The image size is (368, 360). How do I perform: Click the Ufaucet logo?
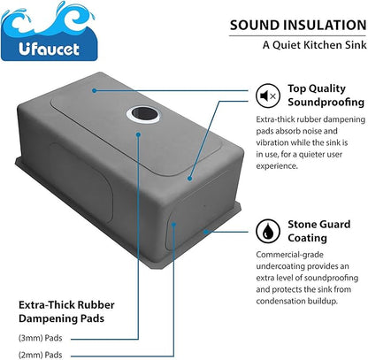click(x=49, y=31)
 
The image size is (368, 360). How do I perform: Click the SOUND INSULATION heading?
click(x=298, y=25)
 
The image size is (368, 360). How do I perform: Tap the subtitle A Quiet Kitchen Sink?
click(x=315, y=45)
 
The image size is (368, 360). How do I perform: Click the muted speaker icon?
click(x=268, y=96)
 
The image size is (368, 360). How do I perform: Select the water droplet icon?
click(x=268, y=231)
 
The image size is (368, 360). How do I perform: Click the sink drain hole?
click(x=143, y=114)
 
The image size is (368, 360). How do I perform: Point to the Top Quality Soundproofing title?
click(x=326, y=95)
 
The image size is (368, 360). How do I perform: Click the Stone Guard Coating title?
click(x=319, y=231)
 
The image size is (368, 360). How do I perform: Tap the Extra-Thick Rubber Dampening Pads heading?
click(x=66, y=311)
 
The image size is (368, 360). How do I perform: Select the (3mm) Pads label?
click(x=41, y=338)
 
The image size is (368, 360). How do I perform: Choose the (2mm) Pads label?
click(x=41, y=355)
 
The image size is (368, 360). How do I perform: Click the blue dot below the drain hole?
click(x=138, y=134)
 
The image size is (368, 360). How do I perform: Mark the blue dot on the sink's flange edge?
click(x=206, y=232)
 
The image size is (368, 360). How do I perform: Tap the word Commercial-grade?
click(x=286, y=255)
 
